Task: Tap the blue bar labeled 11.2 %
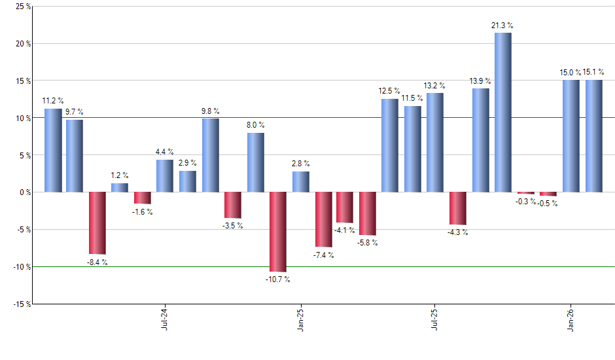53,151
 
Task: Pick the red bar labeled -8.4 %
97,223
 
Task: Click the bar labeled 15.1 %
593,136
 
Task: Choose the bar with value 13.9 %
480,140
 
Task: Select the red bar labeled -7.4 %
323,219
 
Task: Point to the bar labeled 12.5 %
390,145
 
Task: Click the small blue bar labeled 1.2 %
120,188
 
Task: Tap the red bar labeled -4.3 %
458,208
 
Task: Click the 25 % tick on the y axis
22,7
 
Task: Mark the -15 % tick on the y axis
20,304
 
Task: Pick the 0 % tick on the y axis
24,192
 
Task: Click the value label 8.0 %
256,125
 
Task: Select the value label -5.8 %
367,243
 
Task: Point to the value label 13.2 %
434,86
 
